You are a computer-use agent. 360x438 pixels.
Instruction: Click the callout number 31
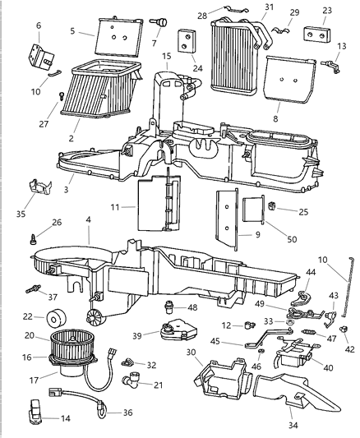coord(245,7)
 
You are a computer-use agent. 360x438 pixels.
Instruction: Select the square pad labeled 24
coord(186,39)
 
